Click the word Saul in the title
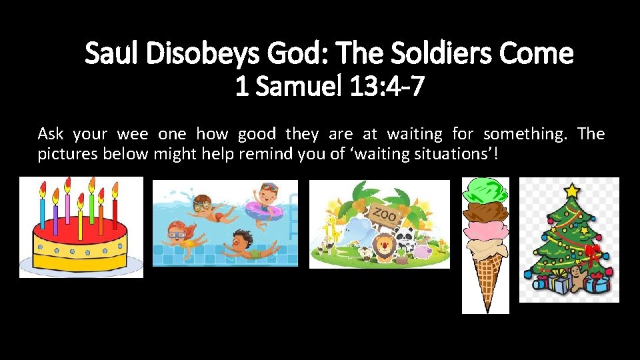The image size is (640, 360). click(111, 54)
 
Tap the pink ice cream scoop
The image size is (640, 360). click(485, 233)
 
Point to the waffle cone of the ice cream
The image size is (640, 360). click(485, 280)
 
